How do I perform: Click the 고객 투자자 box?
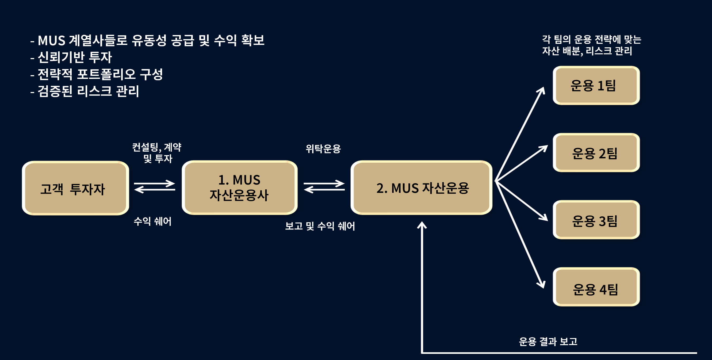coord(75,188)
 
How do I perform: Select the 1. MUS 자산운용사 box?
coord(239,187)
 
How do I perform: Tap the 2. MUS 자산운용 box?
coord(421,187)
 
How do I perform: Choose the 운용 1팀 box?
coord(596,85)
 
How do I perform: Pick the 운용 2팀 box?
coord(596,153)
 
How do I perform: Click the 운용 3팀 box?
coord(596,220)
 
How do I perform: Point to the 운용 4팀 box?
coord(596,287)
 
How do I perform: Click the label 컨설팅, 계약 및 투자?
coord(157,153)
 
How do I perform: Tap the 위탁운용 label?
coord(323,149)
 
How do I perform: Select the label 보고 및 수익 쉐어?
coord(320,226)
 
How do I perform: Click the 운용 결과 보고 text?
coord(548,342)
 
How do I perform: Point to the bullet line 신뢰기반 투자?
coord(75,57)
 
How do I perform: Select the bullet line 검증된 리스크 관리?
coord(88,91)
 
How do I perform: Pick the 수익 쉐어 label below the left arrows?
coord(152,221)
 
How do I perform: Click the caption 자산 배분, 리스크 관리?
coord(587,51)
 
